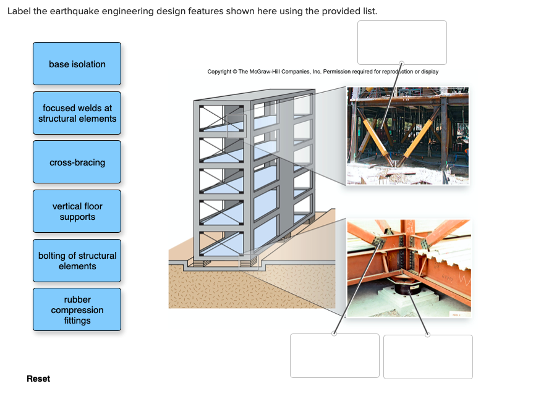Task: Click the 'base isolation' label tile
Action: pyautogui.click(x=77, y=64)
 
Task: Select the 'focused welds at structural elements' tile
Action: pyautogui.click(x=77, y=113)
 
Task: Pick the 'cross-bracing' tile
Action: pyautogui.click(x=77, y=162)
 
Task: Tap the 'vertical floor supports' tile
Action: pyautogui.click(x=77, y=212)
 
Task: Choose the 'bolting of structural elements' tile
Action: pyautogui.click(x=77, y=261)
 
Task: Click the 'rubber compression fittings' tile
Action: pyautogui.click(x=77, y=310)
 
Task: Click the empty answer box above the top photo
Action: pyautogui.click(x=402, y=41)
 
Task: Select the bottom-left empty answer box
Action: pyautogui.click(x=335, y=356)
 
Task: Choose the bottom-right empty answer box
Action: pyautogui.click(x=428, y=356)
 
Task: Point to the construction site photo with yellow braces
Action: pyautogui.click(x=408, y=136)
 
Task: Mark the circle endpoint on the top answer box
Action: pyautogui.click(x=402, y=63)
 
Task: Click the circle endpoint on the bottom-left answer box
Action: pyautogui.click(x=335, y=334)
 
